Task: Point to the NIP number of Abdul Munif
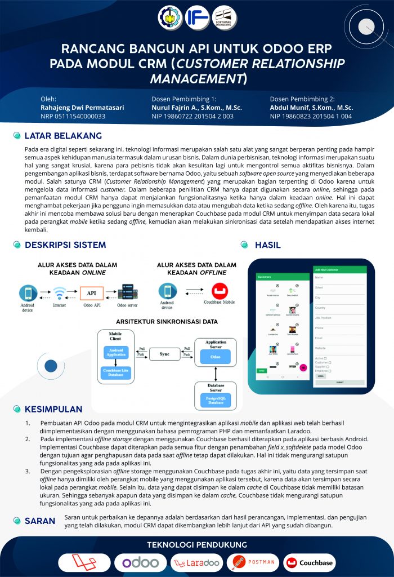pyautogui.click(x=311, y=116)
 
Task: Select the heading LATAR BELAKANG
pyautogui.click(x=62, y=136)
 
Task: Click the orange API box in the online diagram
pyautogui.click(x=92, y=293)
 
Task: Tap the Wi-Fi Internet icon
pyautogui.click(x=60, y=294)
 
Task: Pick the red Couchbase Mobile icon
pyautogui.click(x=219, y=291)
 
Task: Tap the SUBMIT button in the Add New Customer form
pyautogui.click(x=339, y=381)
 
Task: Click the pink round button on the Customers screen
pyautogui.click(x=303, y=367)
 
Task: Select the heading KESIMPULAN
pyautogui.click(x=53, y=409)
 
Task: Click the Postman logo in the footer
pyautogui.click(x=253, y=562)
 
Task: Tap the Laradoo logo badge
pyautogui.click(x=196, y=562)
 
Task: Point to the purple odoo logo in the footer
pyautogui.click(x=140, y=562)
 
